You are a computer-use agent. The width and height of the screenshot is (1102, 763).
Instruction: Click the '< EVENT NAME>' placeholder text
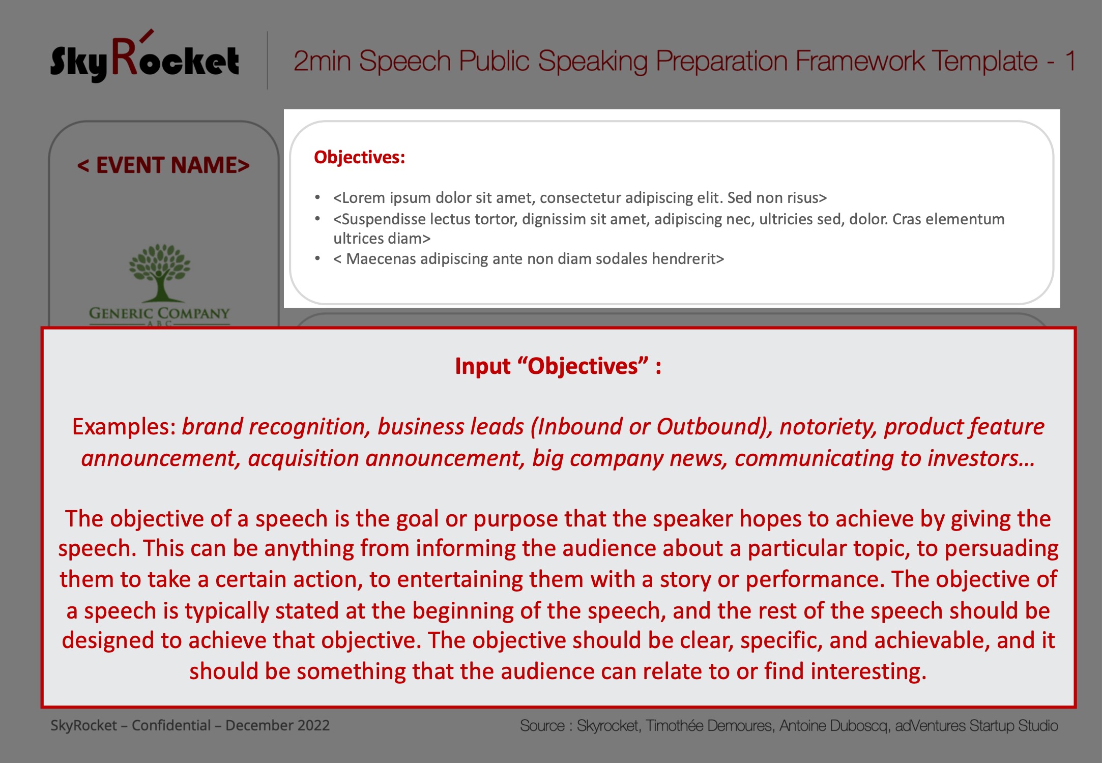(x=163, y=165)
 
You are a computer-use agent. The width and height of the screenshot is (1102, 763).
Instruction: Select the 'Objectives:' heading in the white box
(x=359, y=157)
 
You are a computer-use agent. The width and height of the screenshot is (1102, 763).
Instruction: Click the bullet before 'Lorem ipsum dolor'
(x=317, y=197)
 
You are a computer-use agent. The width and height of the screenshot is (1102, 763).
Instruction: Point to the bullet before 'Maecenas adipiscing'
(x=317, y=258)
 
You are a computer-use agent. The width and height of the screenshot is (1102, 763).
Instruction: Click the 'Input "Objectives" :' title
(x=558, y=366)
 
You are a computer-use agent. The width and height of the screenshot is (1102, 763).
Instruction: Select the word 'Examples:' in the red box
(x=124, y=426)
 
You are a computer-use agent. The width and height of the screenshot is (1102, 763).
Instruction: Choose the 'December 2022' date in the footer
(x=277, y=725)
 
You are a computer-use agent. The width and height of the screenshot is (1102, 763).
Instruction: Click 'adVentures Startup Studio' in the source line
(x=976, y=726)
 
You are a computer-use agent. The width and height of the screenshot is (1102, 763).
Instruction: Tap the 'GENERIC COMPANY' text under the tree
(x=160, y=313)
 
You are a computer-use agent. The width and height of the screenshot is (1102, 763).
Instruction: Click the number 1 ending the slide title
(x=1070, y=61)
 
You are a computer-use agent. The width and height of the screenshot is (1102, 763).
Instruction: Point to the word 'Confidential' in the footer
(x=171, y=725)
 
